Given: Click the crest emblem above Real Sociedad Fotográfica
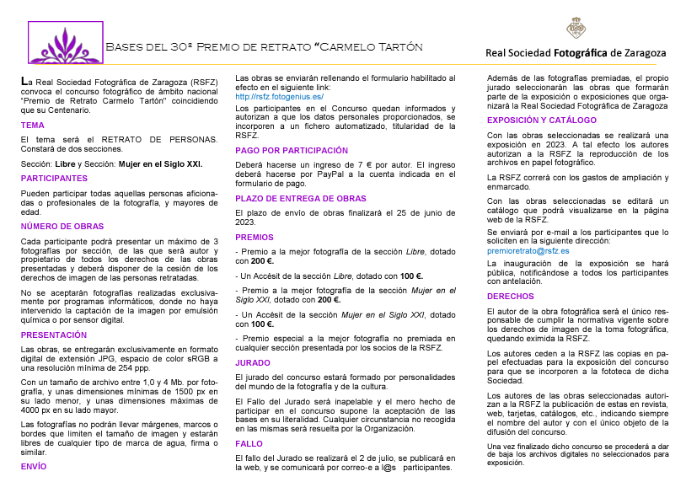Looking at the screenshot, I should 576,27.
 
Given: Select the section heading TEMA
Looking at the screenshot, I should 33,125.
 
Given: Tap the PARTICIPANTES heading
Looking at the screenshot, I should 54,179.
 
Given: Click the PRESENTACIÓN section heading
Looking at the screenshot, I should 54,335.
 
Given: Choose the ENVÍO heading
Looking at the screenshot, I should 34,465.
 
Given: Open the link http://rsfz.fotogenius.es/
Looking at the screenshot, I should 279,97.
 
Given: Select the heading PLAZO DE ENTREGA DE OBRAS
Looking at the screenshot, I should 300,198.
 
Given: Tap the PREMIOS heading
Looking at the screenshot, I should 255,238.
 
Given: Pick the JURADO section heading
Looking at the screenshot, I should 253,361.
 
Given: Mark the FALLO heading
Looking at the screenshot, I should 249,443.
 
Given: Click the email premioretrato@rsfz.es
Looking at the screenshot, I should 528,251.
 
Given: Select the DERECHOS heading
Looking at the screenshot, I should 511,297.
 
